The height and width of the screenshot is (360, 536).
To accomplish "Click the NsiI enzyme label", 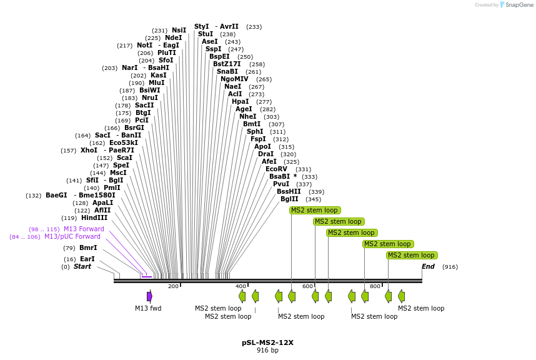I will [x=179, y=30].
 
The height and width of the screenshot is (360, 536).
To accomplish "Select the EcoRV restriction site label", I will [x=276, y=169].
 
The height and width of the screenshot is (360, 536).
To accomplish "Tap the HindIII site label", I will [x=94, y=217].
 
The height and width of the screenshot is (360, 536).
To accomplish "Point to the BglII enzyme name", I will [x=289, y=199].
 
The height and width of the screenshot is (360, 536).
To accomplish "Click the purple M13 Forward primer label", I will [x=84, y=229].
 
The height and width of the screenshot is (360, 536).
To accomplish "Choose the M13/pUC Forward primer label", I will [x=72, y=236].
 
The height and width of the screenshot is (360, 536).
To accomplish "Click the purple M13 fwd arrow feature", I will [x=149, y=296].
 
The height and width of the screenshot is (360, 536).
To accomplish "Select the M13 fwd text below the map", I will [x=148, y=308].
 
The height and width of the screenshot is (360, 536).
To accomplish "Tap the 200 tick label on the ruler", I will [x=173, y=286].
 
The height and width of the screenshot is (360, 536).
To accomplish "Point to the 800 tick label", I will [x=375, y=286].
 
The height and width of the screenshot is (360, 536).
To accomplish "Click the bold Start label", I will [x=82, y=266].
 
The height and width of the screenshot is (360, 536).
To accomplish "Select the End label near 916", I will [x=428, y=266].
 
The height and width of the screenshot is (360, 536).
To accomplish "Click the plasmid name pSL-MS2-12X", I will [x=267, y=342].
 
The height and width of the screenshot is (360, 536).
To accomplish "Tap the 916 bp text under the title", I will [x=267, y=350].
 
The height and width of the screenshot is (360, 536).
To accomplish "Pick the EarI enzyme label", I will [x=87, y=259].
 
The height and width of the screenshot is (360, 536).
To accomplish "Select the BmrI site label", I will [x=88, y=247].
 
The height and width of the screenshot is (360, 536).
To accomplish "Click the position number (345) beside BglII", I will [x=313, y=199].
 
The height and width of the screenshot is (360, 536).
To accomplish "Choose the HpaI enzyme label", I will [x=240, y=101].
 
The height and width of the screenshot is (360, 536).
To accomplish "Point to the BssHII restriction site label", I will [x=289, y=191].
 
